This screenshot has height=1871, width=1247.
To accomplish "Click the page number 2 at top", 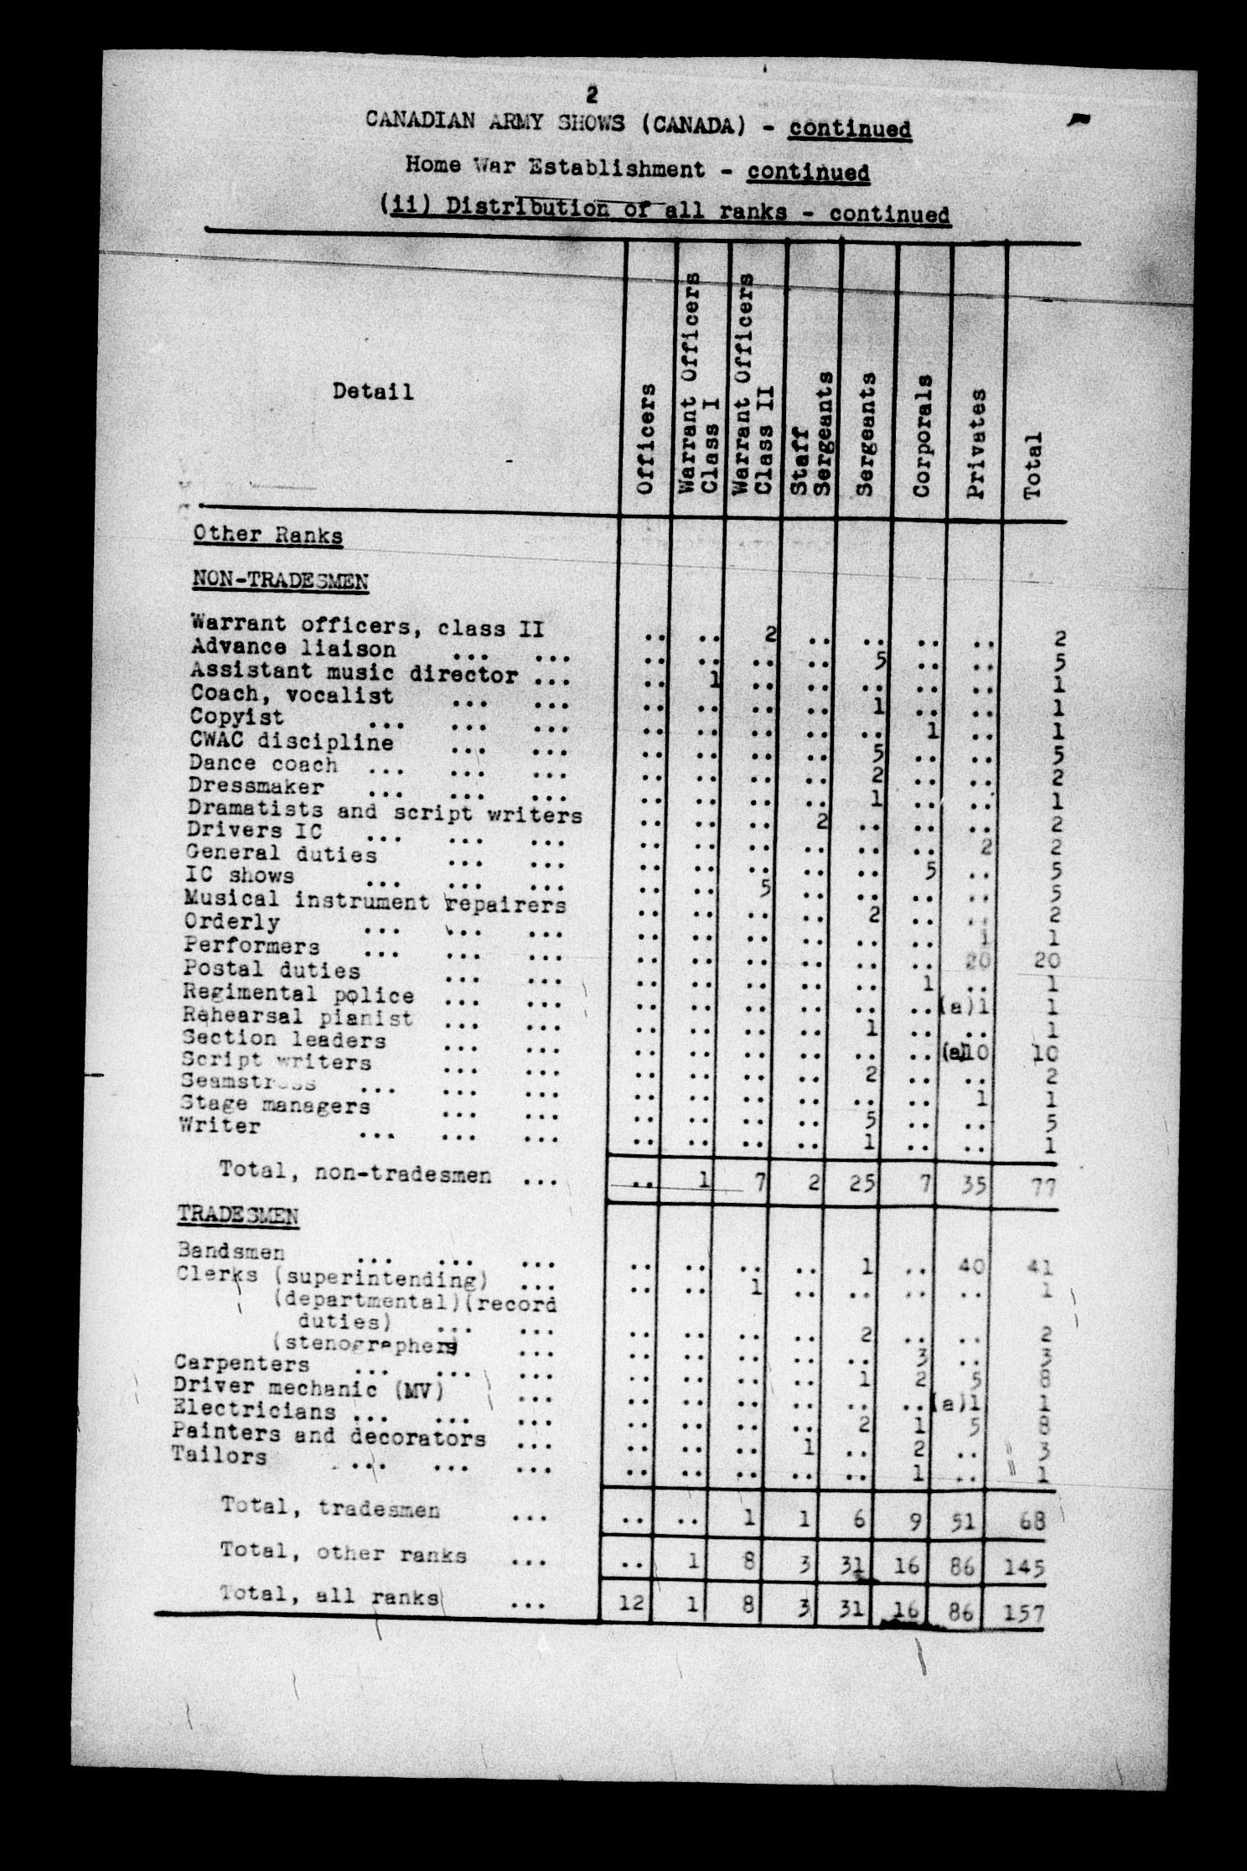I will coord(592,92).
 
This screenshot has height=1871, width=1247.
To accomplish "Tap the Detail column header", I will coord(372,391).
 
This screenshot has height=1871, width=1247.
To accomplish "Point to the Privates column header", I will coord(976,443).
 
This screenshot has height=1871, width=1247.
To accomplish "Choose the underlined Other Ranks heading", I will coord(267,535).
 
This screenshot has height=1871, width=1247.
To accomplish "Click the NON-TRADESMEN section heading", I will coord(280,579).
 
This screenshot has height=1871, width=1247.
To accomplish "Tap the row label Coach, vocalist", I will coord(291,695).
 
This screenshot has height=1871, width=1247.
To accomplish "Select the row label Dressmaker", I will coord(256,786).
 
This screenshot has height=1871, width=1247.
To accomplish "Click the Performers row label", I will coord(252,946).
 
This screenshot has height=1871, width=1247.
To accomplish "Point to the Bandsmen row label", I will coord(231,1252).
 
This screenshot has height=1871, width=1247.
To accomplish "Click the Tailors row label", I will coord(219,1456).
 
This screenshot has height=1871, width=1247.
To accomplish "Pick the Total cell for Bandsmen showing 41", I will coord(1037,1268).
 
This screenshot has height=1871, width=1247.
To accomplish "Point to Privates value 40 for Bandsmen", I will coord(972,1266).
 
